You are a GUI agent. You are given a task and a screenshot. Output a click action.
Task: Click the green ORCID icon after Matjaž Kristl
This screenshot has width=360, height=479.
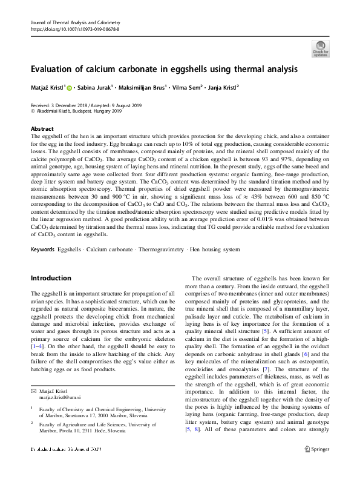coord(70,88)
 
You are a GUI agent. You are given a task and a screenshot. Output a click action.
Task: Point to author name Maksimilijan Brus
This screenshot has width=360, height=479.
coord(159,88)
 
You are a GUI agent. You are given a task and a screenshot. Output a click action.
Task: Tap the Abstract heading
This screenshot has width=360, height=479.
coord(42,129)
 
